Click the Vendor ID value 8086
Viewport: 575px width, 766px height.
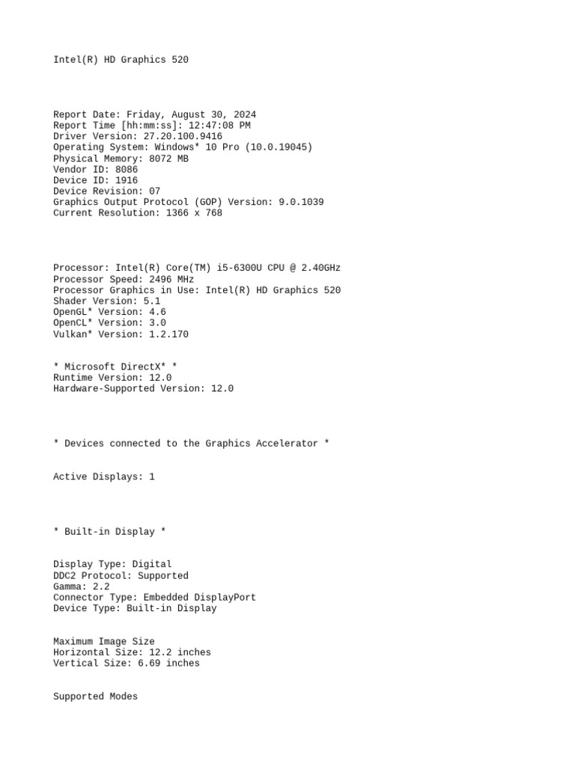tap(127, 169)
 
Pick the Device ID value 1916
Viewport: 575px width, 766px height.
tap(127, 180)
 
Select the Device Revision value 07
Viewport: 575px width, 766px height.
tap(154, 191)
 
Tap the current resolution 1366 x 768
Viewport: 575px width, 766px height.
tap(191, 213)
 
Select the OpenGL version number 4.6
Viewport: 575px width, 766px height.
tap(157, 312)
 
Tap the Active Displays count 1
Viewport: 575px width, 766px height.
tap(152, 477)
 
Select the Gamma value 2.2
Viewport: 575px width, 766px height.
tap(101, 586)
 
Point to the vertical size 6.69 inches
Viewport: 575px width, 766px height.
tap(168, 663)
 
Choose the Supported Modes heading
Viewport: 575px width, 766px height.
tap(95, 696)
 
